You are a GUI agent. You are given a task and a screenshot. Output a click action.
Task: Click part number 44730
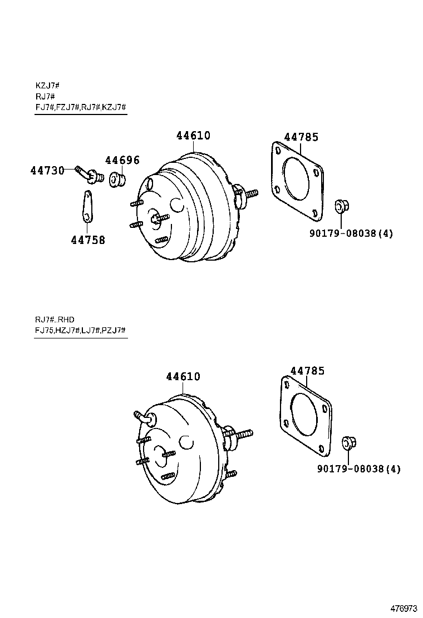tap(47, 170)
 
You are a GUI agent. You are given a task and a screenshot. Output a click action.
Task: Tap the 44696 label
tap(122, 161)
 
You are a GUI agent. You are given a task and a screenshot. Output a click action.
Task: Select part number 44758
tap(88, 240)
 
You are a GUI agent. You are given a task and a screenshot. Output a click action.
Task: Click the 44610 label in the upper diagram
tap(193, 136)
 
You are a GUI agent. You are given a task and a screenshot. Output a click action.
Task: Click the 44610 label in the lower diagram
tap(183, 377)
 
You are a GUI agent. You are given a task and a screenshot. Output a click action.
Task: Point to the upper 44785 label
tap(301, 137)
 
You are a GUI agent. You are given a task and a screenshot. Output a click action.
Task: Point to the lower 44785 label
tap(307, 371)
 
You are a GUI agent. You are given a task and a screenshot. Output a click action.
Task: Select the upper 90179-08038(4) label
tap(351, 233)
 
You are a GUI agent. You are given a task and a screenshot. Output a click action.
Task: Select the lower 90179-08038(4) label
tap(358, 469)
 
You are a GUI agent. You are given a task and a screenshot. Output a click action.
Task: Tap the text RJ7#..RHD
tap(55, 319)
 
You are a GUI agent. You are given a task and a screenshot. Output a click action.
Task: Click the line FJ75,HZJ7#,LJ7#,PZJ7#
tap(81, 331)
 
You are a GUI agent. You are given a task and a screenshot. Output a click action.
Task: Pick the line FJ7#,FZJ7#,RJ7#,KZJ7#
tap(81, 107)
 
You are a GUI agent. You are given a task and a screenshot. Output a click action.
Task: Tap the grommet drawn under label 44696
tap(118, 180)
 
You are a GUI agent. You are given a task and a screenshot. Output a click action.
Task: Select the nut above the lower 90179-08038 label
tap(348, 442)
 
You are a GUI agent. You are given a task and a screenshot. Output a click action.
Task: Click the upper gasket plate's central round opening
tap(296, 178)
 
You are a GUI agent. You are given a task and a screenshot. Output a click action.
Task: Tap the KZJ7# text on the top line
tap(47, 86)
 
